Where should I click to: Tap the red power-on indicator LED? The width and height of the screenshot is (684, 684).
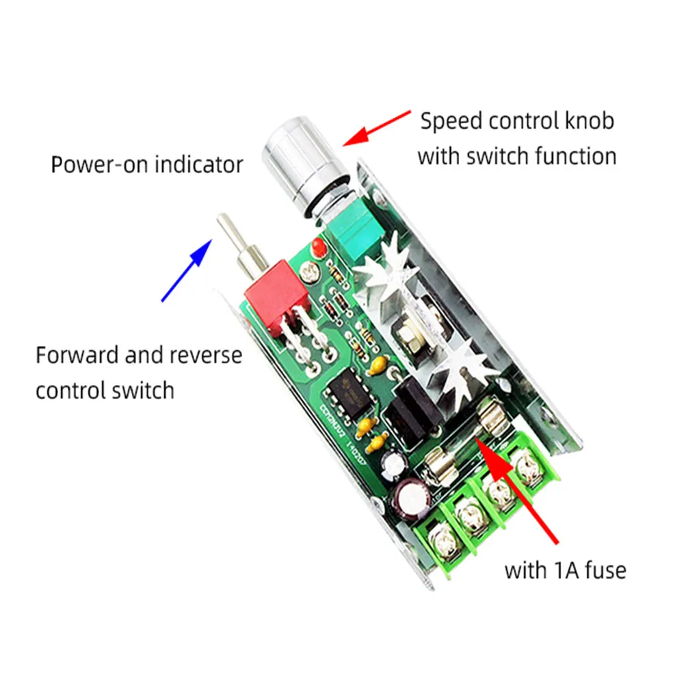point(316,248)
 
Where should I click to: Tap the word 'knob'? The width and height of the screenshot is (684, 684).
point(588,121)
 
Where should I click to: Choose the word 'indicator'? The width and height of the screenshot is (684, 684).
point(199,165)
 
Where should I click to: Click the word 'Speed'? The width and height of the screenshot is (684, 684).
point(451,121)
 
